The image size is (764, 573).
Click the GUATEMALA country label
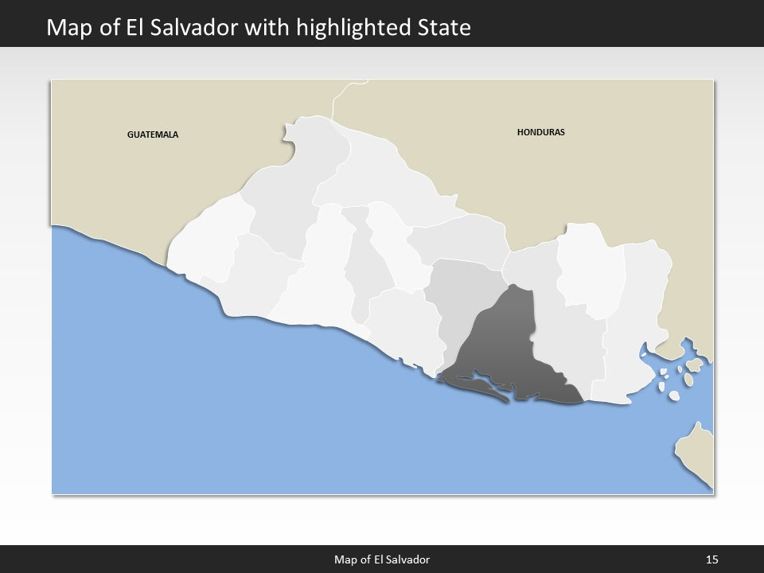pyautogui.click(x=153, y=134)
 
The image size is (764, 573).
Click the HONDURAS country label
pyautogui.click(x=540, y=132)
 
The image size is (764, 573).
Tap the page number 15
pyautogui.click(x=711, y=560)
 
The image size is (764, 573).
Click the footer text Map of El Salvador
pyautogui.click(x=382, y=560)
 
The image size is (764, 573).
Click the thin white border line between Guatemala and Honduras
pyautogui.click(x=337, y=99)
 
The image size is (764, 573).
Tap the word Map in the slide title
pyautogui.click(x=66, y=28)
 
